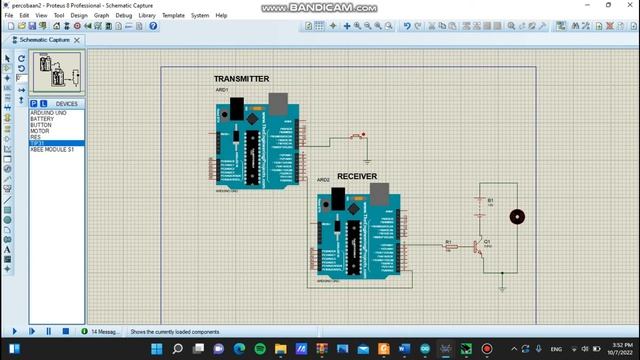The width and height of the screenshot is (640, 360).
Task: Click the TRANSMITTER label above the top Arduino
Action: pos(241,79)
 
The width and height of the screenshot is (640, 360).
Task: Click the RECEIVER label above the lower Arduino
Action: pos(357,176)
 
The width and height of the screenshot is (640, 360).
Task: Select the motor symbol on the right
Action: pos(517,216)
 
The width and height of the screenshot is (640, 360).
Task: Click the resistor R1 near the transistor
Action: pos(449,244)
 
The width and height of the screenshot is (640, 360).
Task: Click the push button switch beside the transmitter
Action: pos(358,136)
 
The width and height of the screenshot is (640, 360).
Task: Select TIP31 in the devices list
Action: pos(39,142)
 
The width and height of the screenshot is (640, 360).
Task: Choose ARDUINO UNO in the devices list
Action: pos(48,112)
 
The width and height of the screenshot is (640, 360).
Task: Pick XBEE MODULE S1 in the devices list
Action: pos(51,148)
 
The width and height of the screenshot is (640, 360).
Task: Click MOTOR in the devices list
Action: pos(40,130)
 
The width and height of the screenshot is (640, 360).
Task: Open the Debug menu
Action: pos(124,16)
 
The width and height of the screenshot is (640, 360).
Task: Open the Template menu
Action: pos(173,16)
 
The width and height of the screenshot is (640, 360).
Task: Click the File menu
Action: pos(10,16)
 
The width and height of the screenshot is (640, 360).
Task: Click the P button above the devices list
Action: pos(34,103)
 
